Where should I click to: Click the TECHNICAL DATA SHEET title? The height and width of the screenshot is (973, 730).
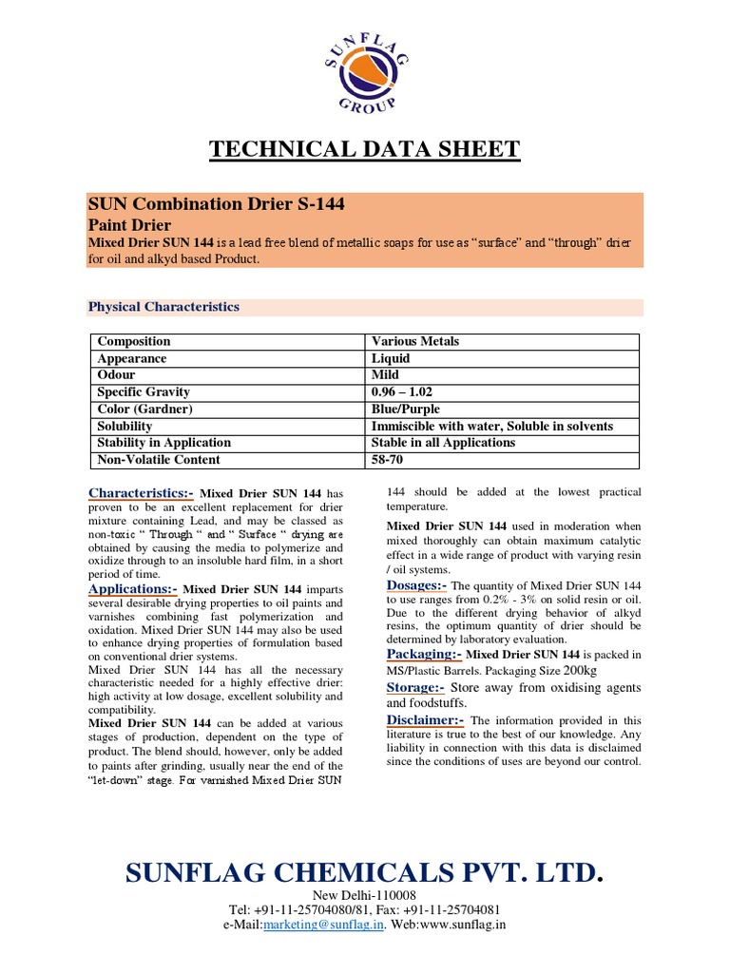364,148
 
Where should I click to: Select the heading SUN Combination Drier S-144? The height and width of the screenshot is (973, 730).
216,203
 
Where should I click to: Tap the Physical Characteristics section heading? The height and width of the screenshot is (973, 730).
163,307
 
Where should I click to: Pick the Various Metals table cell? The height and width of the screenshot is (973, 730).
416,341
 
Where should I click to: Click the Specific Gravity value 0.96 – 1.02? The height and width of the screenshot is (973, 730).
409,391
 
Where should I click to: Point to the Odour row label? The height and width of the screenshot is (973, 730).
118,375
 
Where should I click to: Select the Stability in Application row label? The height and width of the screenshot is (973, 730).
163,443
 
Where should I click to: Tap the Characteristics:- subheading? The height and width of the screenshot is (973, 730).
141,493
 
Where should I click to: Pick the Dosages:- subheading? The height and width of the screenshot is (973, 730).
416,585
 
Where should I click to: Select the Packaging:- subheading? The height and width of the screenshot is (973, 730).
424,655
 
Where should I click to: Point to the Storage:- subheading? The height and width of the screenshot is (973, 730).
415,687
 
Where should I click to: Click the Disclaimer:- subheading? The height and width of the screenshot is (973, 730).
426,719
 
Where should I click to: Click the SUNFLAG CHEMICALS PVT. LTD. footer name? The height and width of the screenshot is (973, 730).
364,873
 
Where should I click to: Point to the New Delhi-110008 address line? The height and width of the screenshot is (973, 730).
365,897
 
